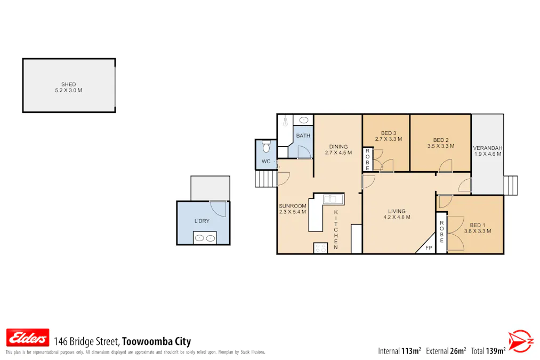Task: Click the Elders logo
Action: coord(28,338)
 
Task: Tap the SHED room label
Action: coord(69,84)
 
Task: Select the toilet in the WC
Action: coord(266,147)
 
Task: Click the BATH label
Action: coord(303,135)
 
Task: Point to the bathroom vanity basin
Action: coord(303,120)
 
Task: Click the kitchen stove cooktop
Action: coord(320,248)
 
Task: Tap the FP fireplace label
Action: coord(429,247)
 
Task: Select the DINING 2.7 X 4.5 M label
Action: coord(338,149)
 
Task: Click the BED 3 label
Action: coord(389,133)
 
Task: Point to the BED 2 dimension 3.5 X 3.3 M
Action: coord(441,146)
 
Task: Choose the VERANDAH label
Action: coord(488,148)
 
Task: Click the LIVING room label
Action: coord(397,211)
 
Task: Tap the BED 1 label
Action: coord(477,225)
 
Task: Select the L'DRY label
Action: coord(202,221)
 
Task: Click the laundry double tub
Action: coord(205,238)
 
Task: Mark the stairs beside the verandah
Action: coord(510,186)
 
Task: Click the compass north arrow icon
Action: coord(521,341)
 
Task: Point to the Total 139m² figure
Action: coord(488,351)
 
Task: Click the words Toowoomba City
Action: coord(156,341)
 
